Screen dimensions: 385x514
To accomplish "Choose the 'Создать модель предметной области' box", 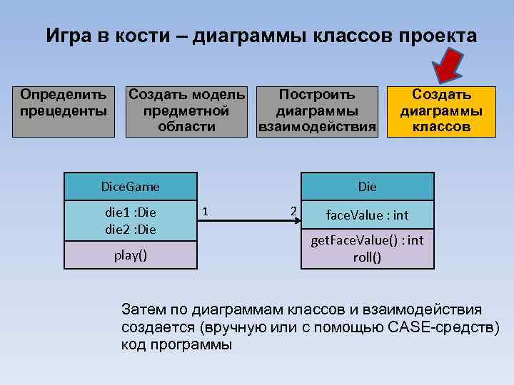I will [x=186, y=111].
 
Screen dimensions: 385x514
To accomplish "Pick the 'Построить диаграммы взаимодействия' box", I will [x=316, y=111].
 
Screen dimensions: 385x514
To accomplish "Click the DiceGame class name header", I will [x=131, y=187].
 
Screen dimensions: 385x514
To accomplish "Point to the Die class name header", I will [x=367, y=187].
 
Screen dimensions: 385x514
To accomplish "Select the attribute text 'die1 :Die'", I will [x=131, y=212].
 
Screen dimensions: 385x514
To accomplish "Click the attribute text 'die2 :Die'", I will [x=131, y=230].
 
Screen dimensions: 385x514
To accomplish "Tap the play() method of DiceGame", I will [x=131, y=255].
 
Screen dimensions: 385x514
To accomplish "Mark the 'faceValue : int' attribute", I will [x=367, y=215].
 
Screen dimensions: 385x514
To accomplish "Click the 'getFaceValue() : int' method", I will [x=367, y=240].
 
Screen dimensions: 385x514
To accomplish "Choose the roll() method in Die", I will [x=367, y=257].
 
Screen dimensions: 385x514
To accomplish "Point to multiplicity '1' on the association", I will [x=206, y=211].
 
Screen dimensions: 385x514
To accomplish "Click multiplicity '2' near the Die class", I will [x=293, y=210].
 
